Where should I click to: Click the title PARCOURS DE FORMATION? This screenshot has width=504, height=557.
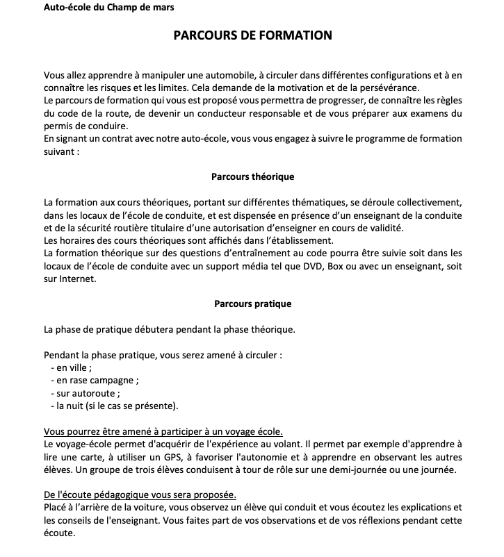tap(252, 35)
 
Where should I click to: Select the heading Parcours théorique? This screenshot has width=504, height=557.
tap(252, 177)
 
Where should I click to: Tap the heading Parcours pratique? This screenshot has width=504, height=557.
tap(252, 304)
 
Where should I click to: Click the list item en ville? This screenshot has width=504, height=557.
tap(72, 368)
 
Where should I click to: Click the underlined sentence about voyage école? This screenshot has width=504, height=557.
tap(163, 431)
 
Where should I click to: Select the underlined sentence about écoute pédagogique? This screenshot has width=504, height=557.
tap(139, 495)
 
